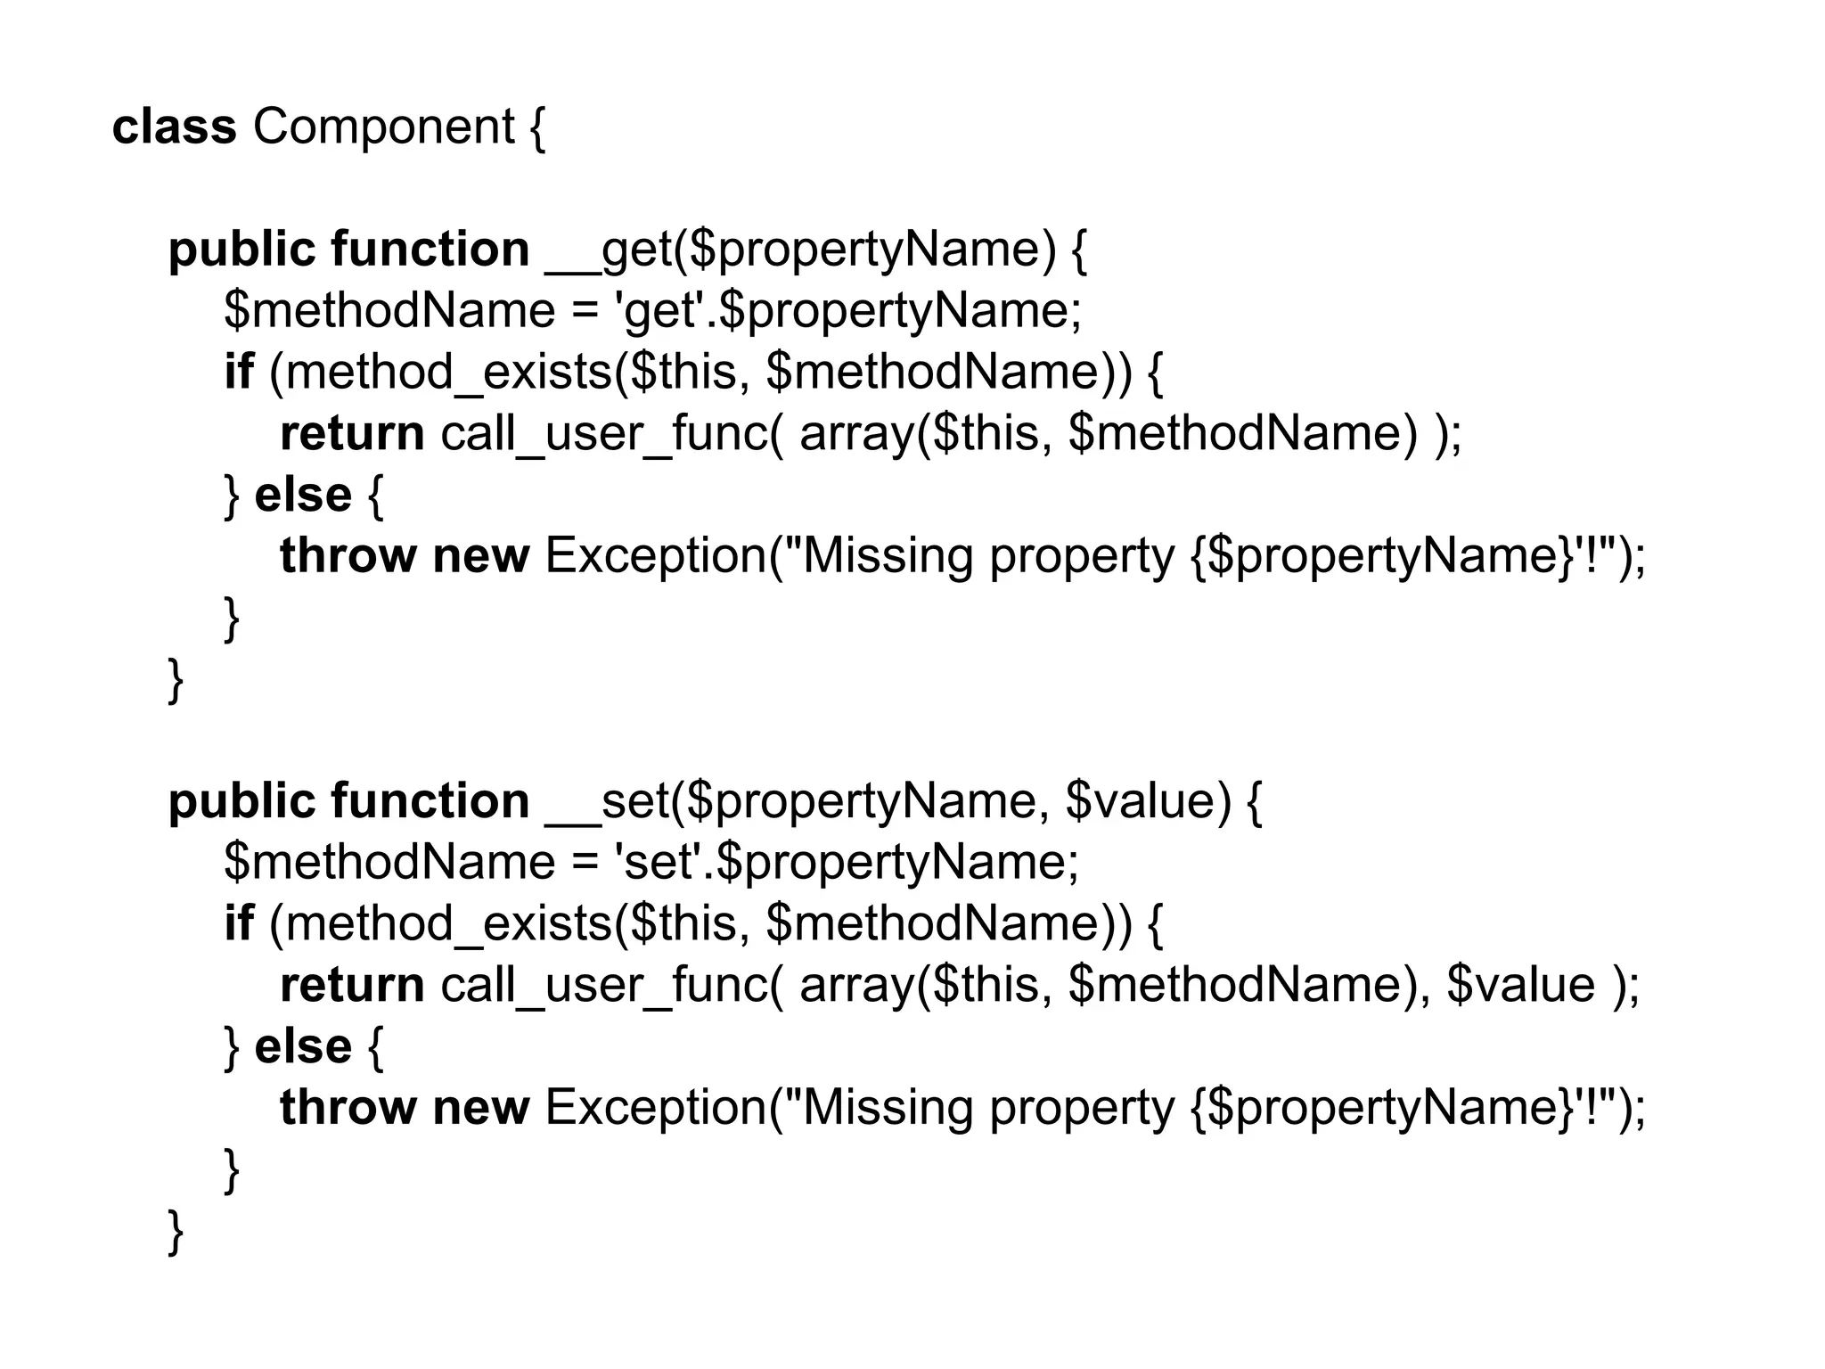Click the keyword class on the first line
pyautogui.click(x=175, y=127)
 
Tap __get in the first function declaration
pyautogui.click(x=608, y=250)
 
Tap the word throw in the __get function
pyautogui.click(x=348, y=556)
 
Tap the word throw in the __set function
pyautogui.click(x=348, y=1108)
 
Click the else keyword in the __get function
pyautogui.click(x=303, y=496)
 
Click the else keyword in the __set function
pyautogui.click(x=303, y=1046)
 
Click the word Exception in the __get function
pyautogui.click(x=656, y=556)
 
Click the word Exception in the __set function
pyautogui.click(x=656, y=1108)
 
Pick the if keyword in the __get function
pyautogui.click(x=239, y=372)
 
